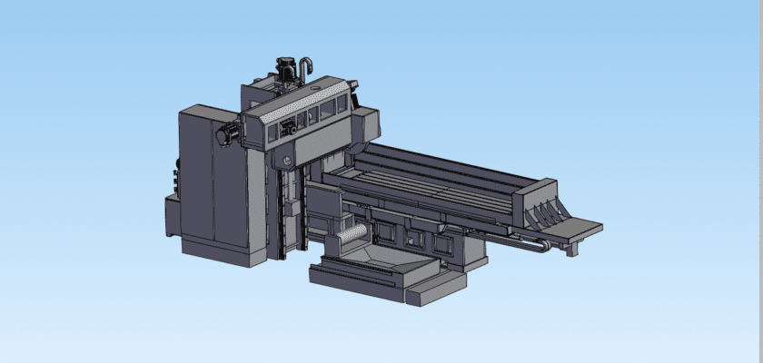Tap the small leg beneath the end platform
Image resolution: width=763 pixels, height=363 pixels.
571,248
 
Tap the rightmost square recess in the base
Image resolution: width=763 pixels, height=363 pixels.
442,243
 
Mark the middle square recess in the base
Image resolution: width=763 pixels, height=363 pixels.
418,239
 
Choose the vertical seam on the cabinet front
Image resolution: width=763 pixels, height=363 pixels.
213,181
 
